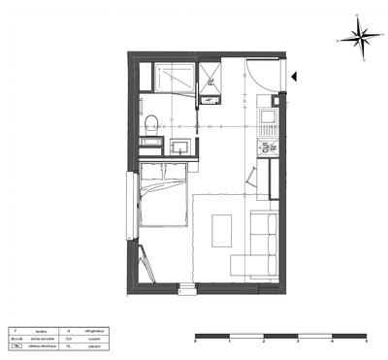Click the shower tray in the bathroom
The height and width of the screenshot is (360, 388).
(x=176, y=78)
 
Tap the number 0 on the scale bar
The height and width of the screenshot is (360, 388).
(x=196, y=343)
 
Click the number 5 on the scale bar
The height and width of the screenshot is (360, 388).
(x=366, y=343)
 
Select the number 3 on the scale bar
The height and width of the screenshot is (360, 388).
(x=298, y=343)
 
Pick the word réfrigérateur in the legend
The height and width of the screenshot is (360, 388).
(x=94, y=330)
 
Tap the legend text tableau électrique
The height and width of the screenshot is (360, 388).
(x=43, y=345)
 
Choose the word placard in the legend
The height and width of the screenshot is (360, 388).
(x=94, y=345)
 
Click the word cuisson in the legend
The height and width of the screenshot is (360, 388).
(x=94, y=338)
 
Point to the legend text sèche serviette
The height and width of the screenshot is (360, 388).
(x=43, y=338)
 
